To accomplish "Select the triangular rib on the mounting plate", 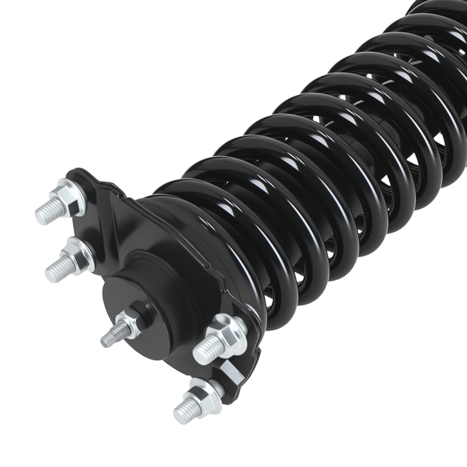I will coord(112,210).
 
